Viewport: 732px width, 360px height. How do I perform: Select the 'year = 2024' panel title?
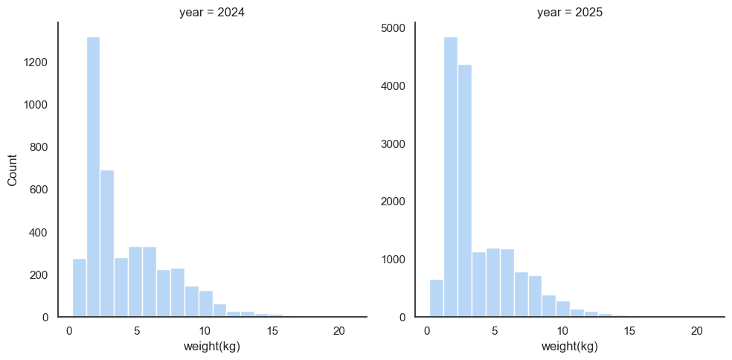(212, 12)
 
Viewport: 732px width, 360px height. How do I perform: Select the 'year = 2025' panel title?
(569, 12)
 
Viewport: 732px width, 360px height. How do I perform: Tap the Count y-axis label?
(13, 170)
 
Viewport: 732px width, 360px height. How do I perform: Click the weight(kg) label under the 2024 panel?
(212, 347)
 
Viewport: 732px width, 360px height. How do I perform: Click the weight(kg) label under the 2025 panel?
(569, 347)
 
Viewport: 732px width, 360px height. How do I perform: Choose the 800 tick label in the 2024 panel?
(39, 147)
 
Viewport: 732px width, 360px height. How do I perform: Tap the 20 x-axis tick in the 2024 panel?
(339, 330)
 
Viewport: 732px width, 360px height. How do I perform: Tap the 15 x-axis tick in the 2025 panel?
(629, 330)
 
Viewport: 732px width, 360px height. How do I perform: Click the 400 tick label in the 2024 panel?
(39, 232)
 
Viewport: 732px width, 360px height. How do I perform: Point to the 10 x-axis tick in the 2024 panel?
(205, 330)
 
